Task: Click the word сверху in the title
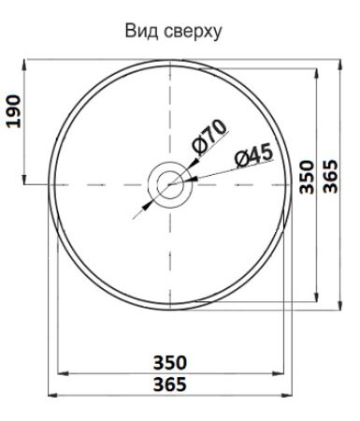[193, 32]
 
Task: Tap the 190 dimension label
[14, 111]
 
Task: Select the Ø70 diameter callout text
[209, 138]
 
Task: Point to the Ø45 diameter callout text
[254, 155]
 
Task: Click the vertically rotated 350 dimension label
[307, 177]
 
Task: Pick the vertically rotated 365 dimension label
[330, 176]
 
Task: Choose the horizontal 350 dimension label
[170, 363]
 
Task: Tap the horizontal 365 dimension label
[170, 385]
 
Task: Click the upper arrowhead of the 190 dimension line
[24, 65]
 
